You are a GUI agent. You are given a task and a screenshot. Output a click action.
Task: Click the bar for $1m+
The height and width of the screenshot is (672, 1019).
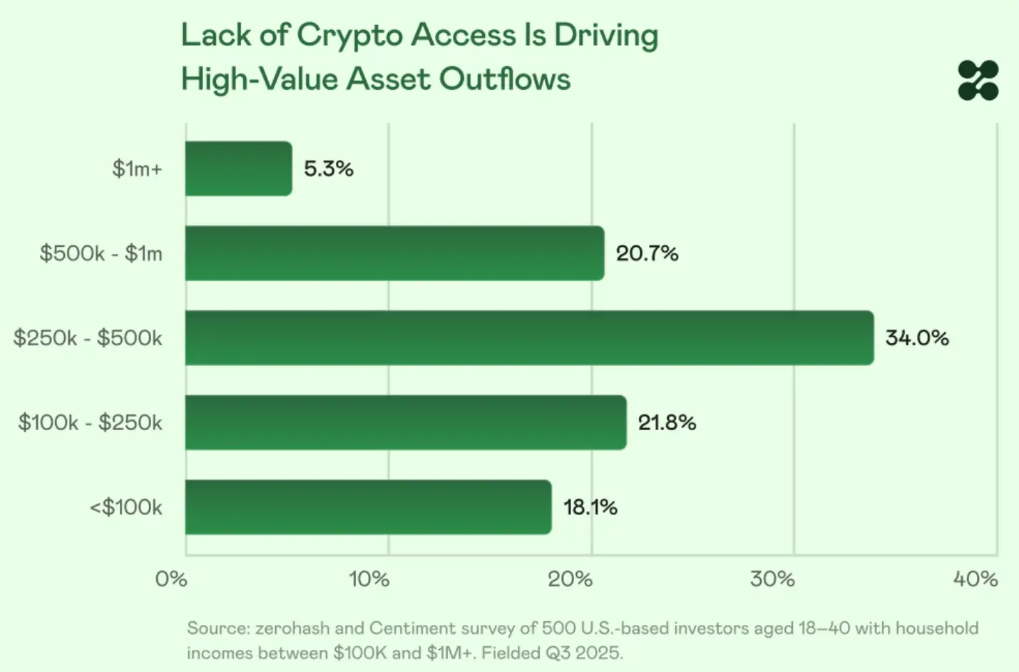pos(238,168)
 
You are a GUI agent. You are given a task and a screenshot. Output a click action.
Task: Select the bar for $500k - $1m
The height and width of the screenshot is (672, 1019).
pos(394,253)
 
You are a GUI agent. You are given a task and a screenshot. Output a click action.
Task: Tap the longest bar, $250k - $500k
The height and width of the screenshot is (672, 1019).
pos(529,338)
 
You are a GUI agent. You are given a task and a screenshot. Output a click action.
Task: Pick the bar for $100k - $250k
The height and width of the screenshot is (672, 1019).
pos(405,422)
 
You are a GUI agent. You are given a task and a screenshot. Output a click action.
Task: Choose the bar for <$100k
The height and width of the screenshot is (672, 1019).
pos(368,507)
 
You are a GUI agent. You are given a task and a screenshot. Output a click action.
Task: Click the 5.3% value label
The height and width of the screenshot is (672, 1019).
pos(329,169)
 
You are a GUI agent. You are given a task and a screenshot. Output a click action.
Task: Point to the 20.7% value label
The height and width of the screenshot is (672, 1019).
pos(647,253)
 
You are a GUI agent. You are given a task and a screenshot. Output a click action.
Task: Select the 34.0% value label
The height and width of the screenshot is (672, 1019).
pos(917,338)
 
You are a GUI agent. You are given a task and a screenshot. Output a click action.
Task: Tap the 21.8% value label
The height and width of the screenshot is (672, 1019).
pos(667,422)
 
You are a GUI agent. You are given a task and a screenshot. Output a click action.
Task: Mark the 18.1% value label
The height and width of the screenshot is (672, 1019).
pos(590,507)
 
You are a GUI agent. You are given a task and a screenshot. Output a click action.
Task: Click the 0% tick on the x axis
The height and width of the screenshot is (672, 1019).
pos(171,579)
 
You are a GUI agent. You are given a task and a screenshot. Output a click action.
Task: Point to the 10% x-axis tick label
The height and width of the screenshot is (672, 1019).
pos(369,579)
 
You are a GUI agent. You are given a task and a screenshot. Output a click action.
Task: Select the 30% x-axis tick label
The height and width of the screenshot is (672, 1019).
pos(772,579)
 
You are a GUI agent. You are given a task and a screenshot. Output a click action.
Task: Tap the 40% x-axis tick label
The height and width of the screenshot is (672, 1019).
pos(976,579)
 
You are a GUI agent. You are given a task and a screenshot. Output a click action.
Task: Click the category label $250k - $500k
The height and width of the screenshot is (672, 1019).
pos(88,338)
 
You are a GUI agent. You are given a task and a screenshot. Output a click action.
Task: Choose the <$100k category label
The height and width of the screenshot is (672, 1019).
pos(126,507)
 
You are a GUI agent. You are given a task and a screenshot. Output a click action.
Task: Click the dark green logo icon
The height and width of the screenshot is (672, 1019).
pos(978,81)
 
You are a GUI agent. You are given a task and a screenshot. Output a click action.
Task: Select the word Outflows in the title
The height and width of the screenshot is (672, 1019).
pos(505,79)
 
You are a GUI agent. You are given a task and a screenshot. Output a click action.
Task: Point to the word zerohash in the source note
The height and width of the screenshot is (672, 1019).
pos(292,628)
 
